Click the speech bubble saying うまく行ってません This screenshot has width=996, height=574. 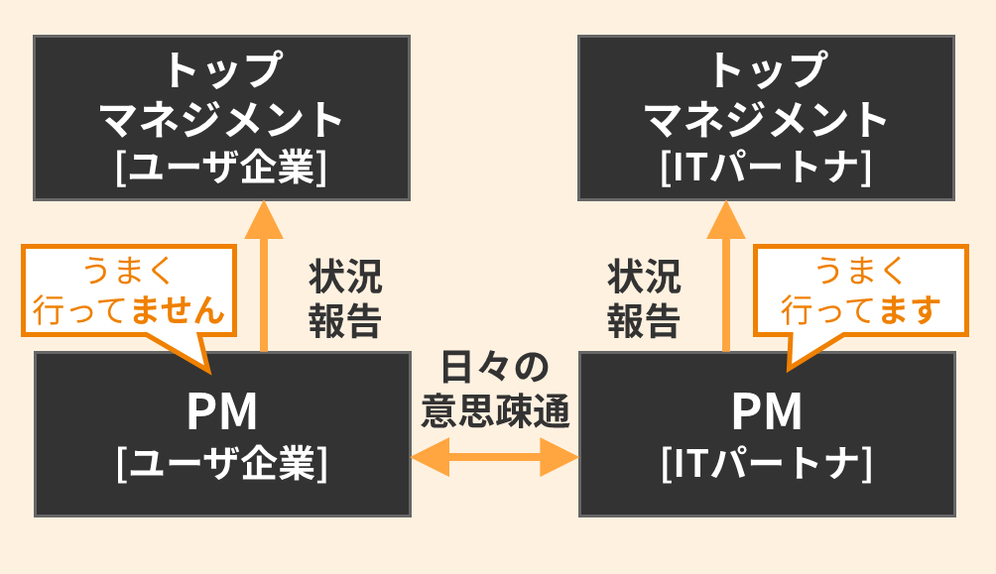pyautogui.click(x=127, y=289)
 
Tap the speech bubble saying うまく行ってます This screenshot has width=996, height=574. pyautogui.click(x=860, y=289)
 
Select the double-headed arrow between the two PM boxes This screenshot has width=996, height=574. pyautogui.click(x=494, y=458)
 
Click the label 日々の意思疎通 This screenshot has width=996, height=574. pyautogui.click(x=495, y=389)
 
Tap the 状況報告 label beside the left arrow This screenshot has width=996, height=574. pyautogui.click(x=344, y=299)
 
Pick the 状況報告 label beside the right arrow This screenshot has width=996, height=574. pyautogui.click(x=644, y=299)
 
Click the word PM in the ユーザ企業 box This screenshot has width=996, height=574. pyautogui.click(x=221, y=413)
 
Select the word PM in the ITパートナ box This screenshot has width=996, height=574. pyautogui.click(x=766, y=413)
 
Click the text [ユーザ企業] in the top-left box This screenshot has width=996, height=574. pyautogui.click(x=221, y=166)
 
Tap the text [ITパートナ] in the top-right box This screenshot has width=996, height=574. pyautogui.click(x=766, y=166)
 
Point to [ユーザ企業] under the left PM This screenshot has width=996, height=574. pyautogui.click(x=221, y=463)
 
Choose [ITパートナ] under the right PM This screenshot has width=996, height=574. pyautogui.click(x=766, y=463)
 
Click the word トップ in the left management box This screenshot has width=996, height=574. pyautogui.click(x=221, y=71)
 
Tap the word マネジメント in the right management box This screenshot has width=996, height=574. pyautogui.click(x=766, y=120)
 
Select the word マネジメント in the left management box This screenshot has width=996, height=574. pyautogui.click(x=221, y=120)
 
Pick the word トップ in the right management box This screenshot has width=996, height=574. pyautogui.click(x=766, y=71)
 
